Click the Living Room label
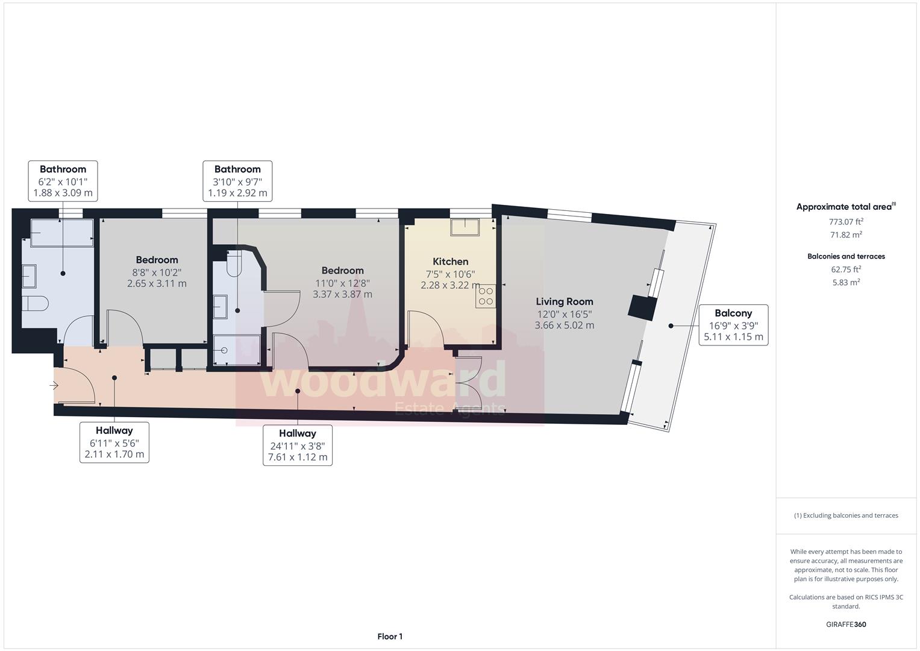tap(565, 301)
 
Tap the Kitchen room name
tap(450, 262)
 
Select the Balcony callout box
tap(733, 325)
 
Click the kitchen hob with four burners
tap(486, 296)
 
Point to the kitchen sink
tap(465, 227)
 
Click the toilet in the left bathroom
tap(35, 303)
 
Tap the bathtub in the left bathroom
tap(61, 233)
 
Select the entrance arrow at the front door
tap(54, 385)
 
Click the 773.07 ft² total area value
tap(846, 222)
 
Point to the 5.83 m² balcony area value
tap(846, 282)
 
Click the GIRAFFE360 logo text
tap(846, 624)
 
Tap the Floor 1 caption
tap(390, 637)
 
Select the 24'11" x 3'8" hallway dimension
tap(298, 445)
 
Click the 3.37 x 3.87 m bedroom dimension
tap(342, 295)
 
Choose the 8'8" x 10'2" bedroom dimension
tap(157, 272)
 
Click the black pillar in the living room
tap(642, 308)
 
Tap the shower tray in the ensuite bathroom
tap(237, 350)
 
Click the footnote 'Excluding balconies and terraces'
tap(846, 515)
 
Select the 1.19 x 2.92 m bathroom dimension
tap(237, 193)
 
